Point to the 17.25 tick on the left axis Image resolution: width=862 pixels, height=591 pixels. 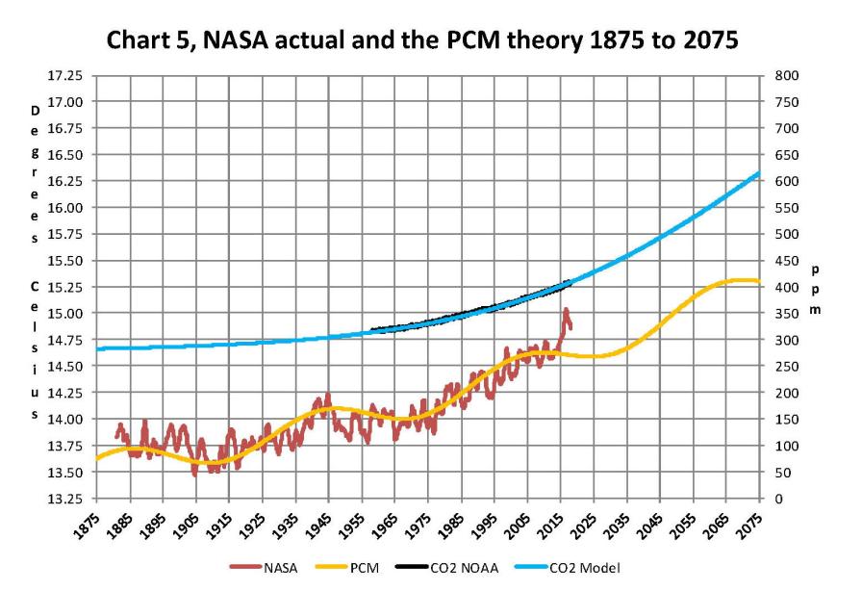[x=65, y=75]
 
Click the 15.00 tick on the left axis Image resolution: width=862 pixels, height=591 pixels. [x=65, y=313]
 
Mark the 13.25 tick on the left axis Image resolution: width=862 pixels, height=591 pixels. [x=65, y=499]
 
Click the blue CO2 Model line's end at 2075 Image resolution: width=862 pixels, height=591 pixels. [x=759, y=173]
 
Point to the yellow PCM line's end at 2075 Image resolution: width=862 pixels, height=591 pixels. [x=759, y=281]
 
